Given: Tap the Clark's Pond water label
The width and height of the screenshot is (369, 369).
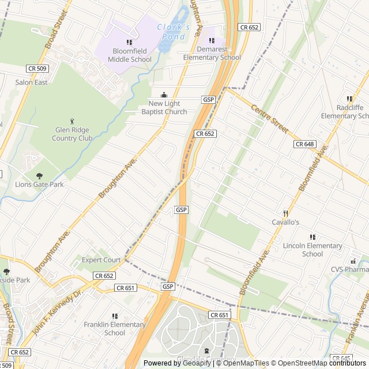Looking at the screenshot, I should pos(174,32).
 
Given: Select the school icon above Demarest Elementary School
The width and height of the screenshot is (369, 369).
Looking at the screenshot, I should pos(212,41).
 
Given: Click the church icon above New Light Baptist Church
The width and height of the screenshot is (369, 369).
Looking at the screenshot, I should pos(164,95).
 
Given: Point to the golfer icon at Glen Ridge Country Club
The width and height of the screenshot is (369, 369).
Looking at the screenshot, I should pos(72,121).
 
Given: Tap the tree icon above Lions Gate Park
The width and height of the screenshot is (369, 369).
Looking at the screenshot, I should pos(39,176).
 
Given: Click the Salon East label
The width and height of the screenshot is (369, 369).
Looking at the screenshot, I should pos(31,82).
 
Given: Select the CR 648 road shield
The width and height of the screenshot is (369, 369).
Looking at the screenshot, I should pos(304,144).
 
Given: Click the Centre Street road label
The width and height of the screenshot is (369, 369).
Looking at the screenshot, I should pos(269,118).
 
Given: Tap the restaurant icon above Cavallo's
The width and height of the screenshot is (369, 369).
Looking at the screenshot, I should pos(285,213).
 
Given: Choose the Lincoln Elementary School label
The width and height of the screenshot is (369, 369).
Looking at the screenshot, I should pos(312,250).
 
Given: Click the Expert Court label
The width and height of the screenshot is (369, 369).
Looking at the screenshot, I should pos(101,260).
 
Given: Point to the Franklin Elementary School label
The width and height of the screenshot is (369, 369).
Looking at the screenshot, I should pos(115,329).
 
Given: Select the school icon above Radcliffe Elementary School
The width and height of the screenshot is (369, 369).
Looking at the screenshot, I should pos(349,99).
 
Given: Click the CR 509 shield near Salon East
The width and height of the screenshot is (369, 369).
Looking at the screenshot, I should pos(37,69).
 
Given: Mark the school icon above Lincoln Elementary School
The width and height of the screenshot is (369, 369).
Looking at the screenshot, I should pos(312,237).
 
